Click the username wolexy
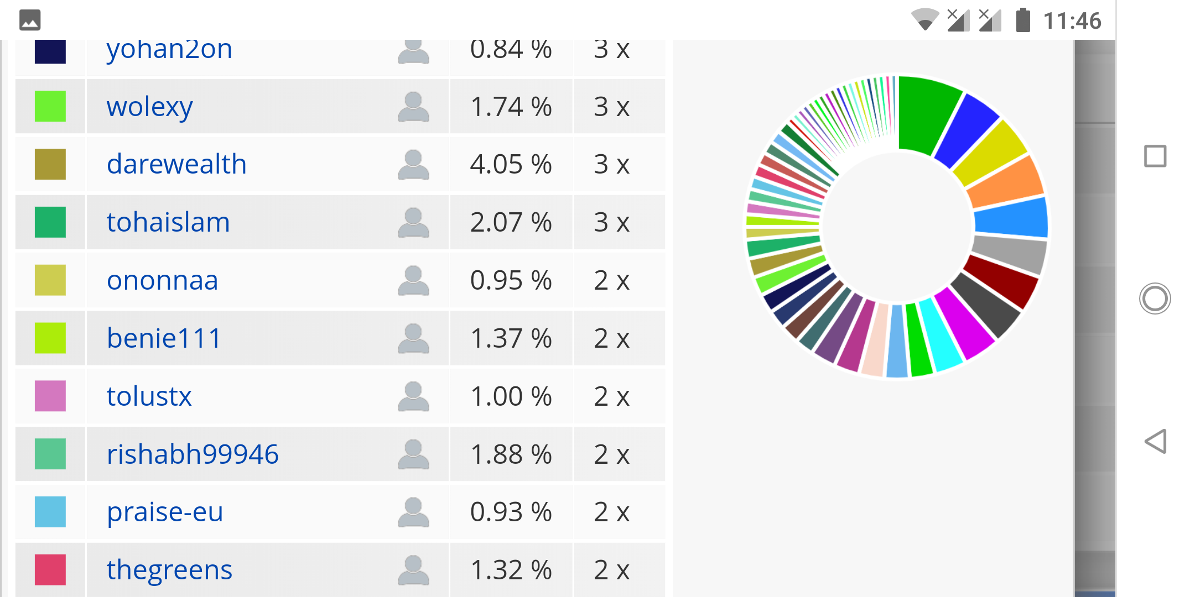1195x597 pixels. (x=149, y=107)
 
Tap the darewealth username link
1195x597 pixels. (x=176, y=165)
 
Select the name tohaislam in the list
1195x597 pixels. (x=168, y=223)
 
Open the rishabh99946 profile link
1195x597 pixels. (x=193, y=454)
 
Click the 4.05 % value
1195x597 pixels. (x=511, y=165)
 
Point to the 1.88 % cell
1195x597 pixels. (x=511, y=454)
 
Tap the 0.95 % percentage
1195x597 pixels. (x=511, y=281)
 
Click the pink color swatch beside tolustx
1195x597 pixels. (x=50, y=396)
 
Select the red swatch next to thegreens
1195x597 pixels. (x=50, y=569)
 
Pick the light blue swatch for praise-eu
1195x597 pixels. (x=50, y=512)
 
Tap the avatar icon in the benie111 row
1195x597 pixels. (x=413, y=338)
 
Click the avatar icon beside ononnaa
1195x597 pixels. (x=413, y=280)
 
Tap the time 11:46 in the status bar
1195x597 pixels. (x=1072, y=21)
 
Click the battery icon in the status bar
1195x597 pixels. (x=1023, y=20)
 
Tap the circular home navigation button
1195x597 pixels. (x=1155, y=298)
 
